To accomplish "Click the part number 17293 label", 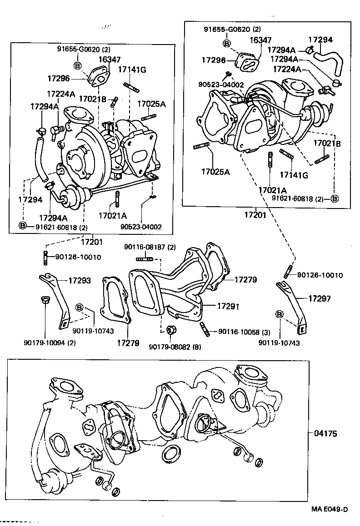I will (x=80, y=281).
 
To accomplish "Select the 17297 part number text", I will (x=320, y=298).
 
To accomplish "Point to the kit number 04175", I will (x=325, y=434).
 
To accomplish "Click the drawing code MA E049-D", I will (x=330, y=509).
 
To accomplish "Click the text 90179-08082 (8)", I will (x=175, y=347).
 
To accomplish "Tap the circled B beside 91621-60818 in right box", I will (x=335, y=198).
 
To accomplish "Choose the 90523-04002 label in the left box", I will (x=141, y=227).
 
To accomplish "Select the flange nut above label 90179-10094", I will (x=44, y=300).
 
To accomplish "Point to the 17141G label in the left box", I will (x=132, y=69).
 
